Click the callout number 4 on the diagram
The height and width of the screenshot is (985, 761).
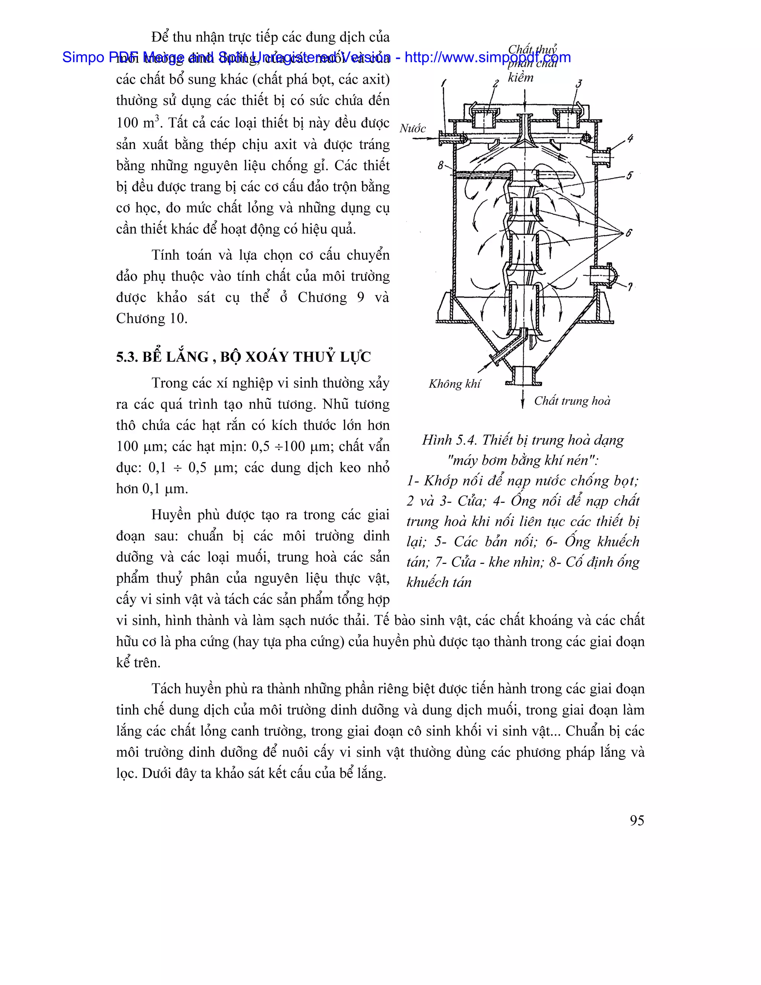coord(630,139)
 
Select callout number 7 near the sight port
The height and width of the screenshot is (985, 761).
coord(630,286)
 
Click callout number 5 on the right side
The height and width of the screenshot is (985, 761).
coord(629,175)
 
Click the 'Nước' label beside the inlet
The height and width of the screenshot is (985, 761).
coord(412,129)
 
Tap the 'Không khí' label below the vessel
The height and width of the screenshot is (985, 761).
coord(454,384)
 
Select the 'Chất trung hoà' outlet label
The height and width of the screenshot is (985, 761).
coord(571,401)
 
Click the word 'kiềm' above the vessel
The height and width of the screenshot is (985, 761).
coord(520,78)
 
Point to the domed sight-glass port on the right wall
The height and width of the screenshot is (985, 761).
coord(604,276)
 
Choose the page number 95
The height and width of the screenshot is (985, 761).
coord(637,820)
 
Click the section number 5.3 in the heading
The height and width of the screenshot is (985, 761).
coord(127,357)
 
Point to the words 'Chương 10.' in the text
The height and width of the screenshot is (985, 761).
coord(152,319)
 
